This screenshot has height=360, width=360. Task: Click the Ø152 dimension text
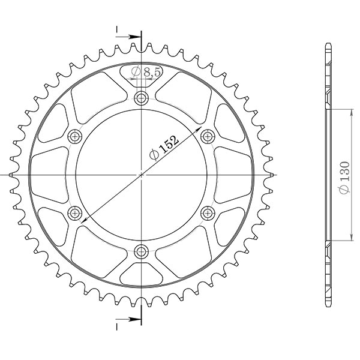click(164, 147)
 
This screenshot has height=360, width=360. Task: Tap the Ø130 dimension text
click(344, 179)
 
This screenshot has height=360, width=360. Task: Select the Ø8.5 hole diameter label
click(145, 72)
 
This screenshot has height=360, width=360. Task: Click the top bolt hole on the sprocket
click(142, 98)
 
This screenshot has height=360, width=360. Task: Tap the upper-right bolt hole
click(208, 136)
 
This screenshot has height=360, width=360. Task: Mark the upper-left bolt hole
click(76, 136)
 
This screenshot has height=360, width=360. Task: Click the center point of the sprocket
click(142, 175)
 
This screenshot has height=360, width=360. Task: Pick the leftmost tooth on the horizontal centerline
click(13, 175)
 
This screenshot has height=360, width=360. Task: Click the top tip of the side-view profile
click(328, 46)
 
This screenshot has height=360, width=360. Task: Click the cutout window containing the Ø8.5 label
click(142, 75)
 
